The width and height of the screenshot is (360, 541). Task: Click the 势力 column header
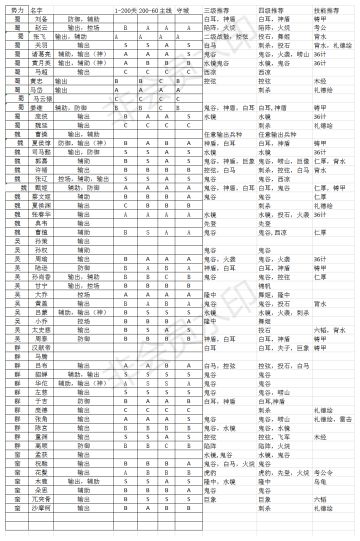(x=17, y=8)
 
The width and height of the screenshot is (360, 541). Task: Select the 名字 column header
(x=44, y=8)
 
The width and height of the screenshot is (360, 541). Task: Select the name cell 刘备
(x=44, y=18)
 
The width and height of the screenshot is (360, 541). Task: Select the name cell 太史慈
(x=44, y=329)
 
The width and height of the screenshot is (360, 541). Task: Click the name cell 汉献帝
(x=44, y=347)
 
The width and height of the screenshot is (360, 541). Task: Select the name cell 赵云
(x=44, y=27)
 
